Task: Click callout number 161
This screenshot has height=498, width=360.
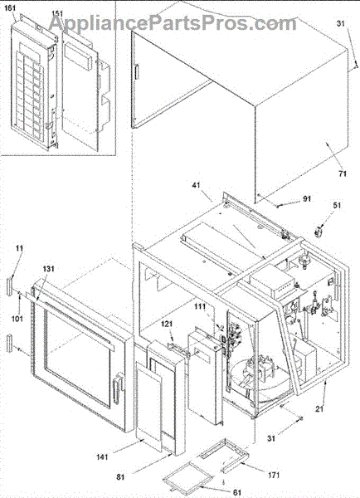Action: tap(10, 8)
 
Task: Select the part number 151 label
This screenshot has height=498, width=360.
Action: tap(57, 13)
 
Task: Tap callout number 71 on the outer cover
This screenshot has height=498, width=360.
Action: tap(343, 173)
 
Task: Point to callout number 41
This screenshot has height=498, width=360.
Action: tap(197, 184)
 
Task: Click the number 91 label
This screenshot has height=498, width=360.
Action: tap(306, 199)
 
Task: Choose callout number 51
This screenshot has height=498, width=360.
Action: tap(337, 205)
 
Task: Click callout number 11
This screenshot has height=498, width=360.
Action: tap(19, 248)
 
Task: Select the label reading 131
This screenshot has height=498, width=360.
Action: tap(49, 269)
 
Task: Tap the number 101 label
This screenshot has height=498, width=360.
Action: tap(17, 318)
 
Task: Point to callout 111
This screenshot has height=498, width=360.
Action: tap(200, 307)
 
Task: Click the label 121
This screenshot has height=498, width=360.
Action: tap(167, 324)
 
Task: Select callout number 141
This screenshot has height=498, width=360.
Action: tap(102, 457)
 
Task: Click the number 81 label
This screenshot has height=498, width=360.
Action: tap(120, 476)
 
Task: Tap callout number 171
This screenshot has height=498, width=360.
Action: tap(274, 475)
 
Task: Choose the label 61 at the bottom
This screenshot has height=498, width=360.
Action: tap(237, 492)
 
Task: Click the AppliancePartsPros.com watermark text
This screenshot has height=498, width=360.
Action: tap(173, 23)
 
